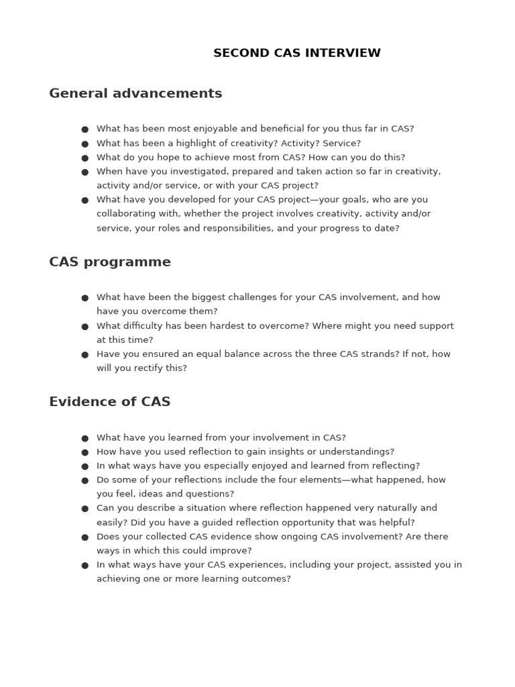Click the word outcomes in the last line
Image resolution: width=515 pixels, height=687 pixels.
267,579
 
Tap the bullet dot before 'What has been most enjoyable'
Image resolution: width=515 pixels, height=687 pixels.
85,129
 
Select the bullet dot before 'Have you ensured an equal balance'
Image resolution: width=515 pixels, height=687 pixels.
85,355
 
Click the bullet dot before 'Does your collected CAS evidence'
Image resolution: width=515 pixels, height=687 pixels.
85,537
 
